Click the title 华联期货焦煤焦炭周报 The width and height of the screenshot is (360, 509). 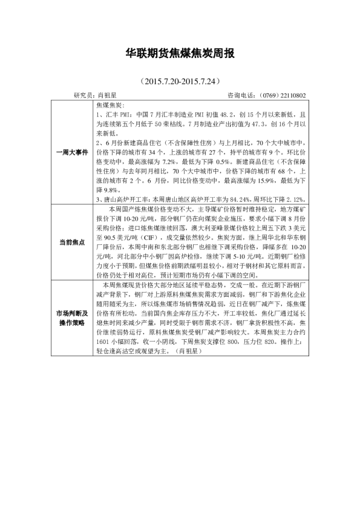pos(179,53)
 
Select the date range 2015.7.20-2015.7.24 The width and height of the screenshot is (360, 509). pos(179,80)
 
